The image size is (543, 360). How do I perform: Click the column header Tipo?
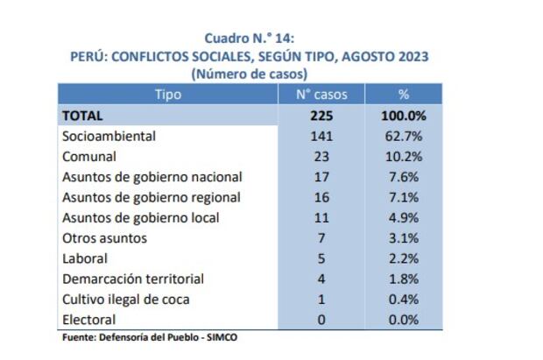[167, 94]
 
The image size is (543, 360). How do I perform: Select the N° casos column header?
[321, 94]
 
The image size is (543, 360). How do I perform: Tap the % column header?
[403, 94]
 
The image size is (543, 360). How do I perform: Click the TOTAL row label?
[82, 115]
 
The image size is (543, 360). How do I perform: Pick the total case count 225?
[321, 115]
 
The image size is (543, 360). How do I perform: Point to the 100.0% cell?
[403, 115]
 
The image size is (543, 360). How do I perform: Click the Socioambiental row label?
[109, 136]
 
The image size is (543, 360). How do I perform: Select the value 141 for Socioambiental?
[321, 136]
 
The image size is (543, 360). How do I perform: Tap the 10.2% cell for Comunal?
[403, 157]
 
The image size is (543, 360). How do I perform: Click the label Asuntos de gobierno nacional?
[152, 177]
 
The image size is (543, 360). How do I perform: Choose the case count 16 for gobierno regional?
[321, 197]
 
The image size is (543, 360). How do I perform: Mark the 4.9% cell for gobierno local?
[403, 217]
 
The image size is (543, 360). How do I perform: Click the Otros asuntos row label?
[104, 238]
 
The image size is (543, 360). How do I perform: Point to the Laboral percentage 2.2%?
[403, 258]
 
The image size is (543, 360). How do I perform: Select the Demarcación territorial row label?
[132, 279]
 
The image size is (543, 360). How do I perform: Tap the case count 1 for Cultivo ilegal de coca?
[321, 300]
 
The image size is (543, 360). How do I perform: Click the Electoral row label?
[89, 320]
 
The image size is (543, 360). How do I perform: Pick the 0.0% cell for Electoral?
[403, 320]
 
